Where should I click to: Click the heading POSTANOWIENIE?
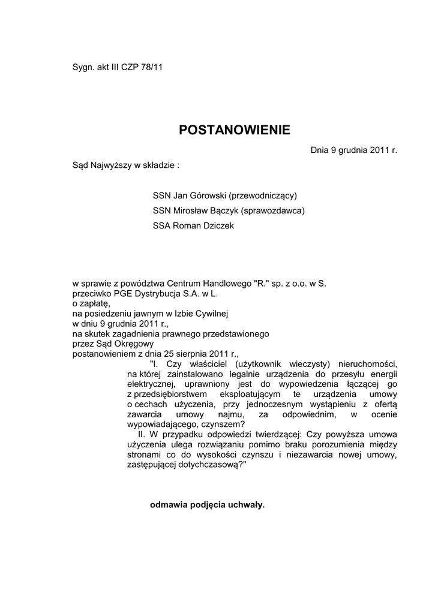click(x=234, y=130)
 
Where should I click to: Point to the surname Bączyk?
click(x=223, y=210)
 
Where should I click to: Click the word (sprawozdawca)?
click(x=274, y=210)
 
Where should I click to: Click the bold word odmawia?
click(x=167, y=505)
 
